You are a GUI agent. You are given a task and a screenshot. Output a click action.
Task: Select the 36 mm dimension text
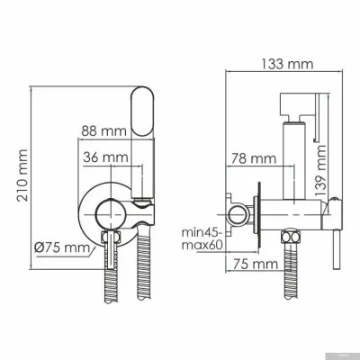(x=101, y=158)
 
